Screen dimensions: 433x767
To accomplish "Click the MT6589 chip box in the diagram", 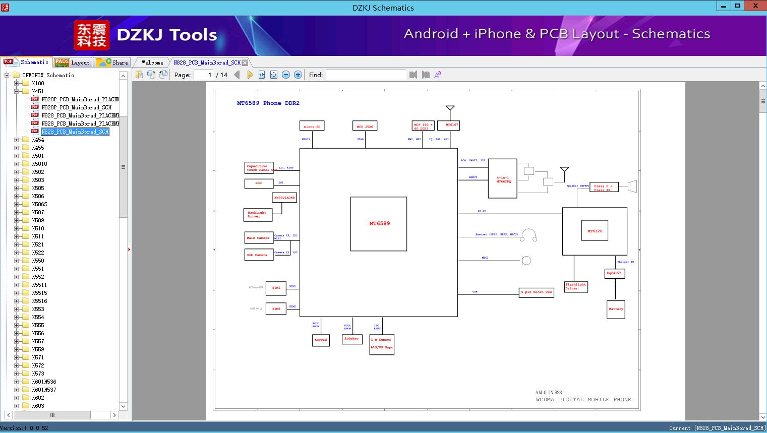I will (379, 224).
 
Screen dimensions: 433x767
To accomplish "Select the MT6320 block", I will (595, 231).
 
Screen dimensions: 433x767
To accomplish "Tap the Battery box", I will (616, 310).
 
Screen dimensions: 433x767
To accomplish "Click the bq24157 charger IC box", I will (614, 273).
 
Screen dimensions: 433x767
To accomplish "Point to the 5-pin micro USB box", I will (537, 292).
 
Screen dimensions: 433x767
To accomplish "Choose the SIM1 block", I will (276, 288).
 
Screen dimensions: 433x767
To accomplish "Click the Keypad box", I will (321, 340).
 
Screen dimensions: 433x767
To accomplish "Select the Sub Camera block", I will (259, 255).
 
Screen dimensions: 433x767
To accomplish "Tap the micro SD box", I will (312, 127).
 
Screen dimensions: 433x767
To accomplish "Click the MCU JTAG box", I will (365, 127).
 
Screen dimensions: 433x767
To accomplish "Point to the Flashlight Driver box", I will (576, 287).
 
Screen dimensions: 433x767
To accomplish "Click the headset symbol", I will (528, 235).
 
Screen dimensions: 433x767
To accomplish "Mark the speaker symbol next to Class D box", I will (632, 187).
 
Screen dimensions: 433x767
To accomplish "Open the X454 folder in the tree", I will (38, 140).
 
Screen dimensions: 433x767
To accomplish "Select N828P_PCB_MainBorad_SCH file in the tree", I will (76, 107).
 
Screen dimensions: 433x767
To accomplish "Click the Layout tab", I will (73, 63).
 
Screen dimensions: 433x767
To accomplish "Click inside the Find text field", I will (366, 75).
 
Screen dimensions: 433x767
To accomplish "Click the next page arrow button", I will (250, 75).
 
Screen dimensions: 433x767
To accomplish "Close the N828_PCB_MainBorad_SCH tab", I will (245, 63).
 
